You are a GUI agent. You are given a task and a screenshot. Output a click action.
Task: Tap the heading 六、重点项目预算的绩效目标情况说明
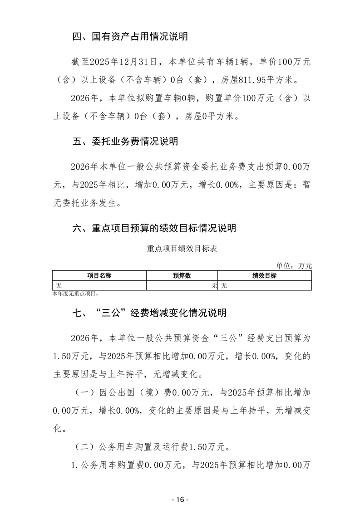154,229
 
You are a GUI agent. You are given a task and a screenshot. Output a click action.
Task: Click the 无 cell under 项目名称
58,285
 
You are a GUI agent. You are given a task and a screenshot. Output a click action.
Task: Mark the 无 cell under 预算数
214,285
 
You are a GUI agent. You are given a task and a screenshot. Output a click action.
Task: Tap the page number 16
180,499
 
